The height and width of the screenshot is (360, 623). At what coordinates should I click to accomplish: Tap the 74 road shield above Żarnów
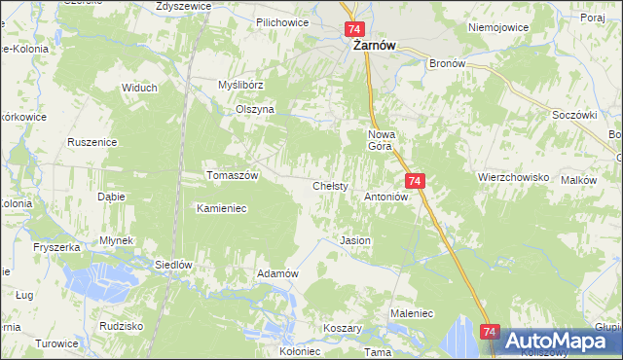[354, 30]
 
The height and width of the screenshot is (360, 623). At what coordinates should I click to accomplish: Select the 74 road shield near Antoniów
[416, 181]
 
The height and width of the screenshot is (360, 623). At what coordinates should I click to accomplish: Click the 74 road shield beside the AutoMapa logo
[490, 333]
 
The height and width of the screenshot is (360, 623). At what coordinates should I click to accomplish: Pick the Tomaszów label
[232, 175]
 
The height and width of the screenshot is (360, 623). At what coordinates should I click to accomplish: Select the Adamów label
[276, 273]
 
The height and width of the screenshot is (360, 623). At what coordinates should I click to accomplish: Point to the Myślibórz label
[241, 85]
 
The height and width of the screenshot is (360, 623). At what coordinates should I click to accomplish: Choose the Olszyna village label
[255, 110]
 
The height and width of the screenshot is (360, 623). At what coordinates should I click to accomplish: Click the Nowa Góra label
[380, 139]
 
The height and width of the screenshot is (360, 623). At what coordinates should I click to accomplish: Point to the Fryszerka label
[54, 248]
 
